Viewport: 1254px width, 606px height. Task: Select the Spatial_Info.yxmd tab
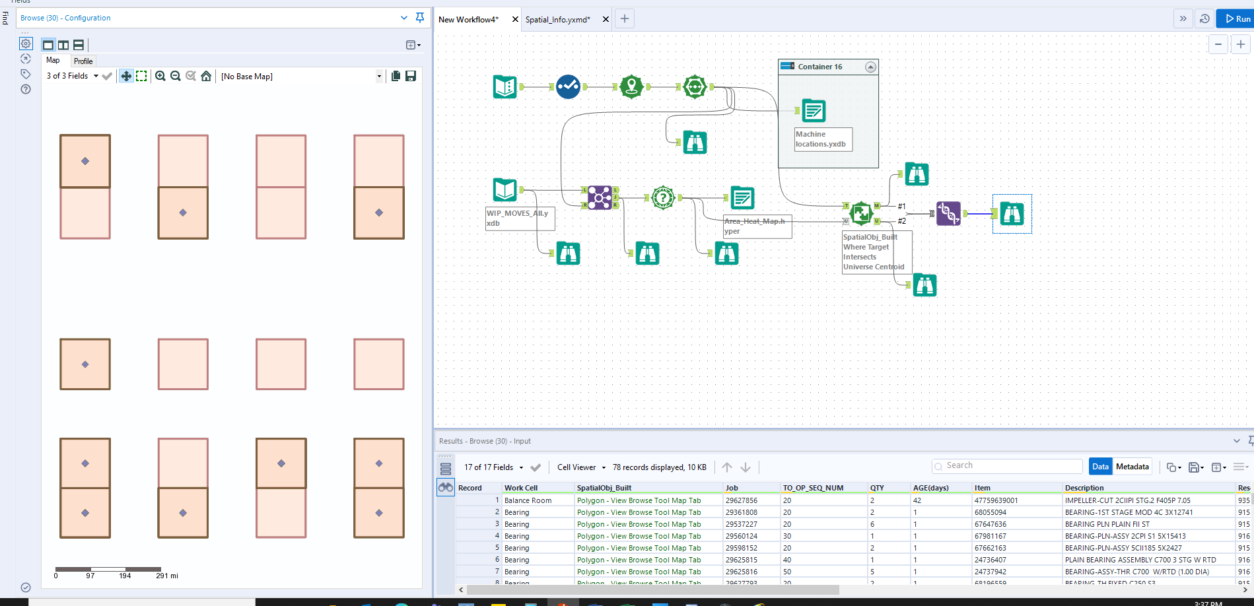[557, 20]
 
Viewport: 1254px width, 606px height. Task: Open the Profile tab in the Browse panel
[83, 61]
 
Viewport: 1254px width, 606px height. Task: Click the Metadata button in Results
[1132, 467]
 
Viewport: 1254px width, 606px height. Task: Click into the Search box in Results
[1010, 466]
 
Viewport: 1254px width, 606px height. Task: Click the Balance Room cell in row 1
[528, 500]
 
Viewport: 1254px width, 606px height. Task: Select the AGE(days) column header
[930, 488]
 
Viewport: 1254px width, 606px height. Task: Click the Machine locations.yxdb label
[823, 139]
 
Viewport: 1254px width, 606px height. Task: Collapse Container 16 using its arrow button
[870, 67]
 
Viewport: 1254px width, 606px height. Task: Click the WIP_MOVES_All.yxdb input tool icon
[505, 190]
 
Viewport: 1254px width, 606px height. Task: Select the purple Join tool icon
[600, 197]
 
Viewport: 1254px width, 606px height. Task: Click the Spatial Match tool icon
[861, 213]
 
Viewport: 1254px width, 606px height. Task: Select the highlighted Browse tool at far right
[1012, 213]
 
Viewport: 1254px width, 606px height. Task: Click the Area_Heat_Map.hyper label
[757, 226]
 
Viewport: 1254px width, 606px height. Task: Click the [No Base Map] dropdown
[301, 77]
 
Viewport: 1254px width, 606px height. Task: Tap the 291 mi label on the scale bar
[167, 576]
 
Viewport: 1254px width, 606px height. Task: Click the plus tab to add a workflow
[625, 19]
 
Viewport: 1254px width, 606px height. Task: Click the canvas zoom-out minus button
[1218, 44]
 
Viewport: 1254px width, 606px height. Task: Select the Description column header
[1084, 488]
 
